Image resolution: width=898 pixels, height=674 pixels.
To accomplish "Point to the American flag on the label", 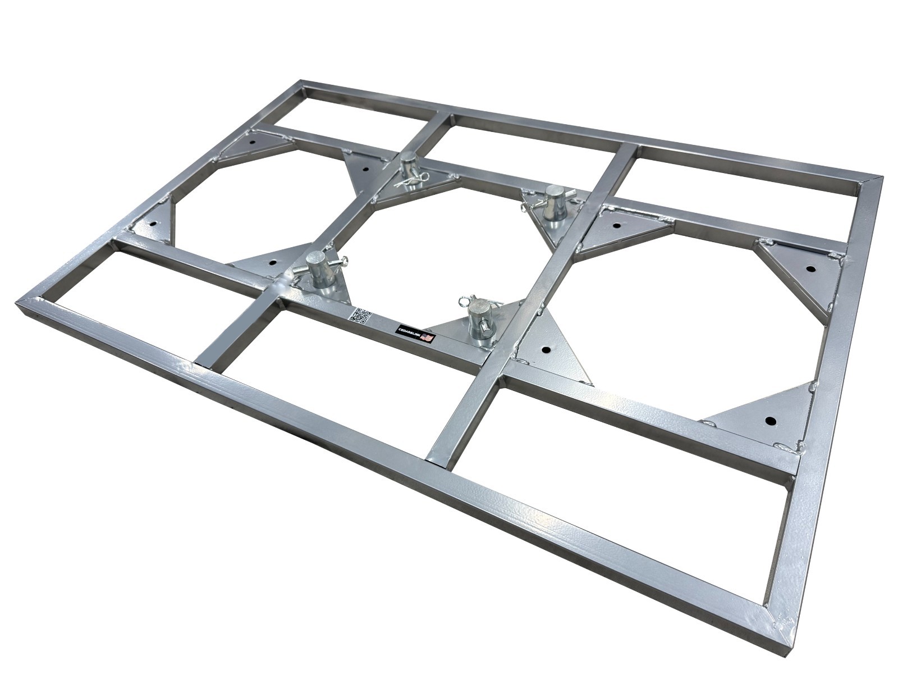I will [428, 338].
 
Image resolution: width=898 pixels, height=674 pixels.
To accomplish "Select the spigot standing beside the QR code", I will [318, 269].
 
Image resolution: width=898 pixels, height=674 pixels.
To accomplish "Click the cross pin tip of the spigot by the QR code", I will [345, 259].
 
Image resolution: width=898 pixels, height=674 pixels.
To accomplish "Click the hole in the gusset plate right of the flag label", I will [545, 349].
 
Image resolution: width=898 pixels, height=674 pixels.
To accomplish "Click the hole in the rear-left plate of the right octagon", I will [616, 226].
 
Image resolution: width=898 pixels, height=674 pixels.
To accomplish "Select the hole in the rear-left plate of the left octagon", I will [252, 142].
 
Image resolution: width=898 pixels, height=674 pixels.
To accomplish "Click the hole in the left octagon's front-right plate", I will [272, 261].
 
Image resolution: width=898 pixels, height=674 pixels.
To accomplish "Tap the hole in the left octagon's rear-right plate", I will [365, 168].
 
